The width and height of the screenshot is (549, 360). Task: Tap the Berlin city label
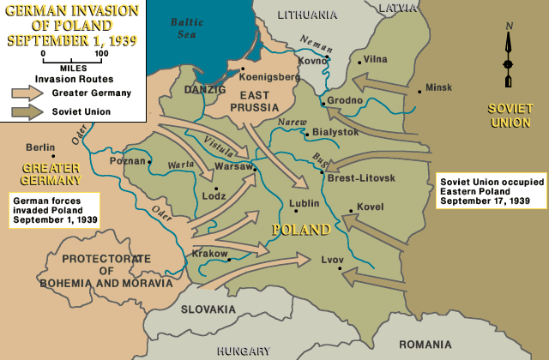[x=40, y=147]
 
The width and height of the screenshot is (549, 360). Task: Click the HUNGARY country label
[x=243, y=351]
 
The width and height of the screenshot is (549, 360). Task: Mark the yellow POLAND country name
[x=300, y=230]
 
